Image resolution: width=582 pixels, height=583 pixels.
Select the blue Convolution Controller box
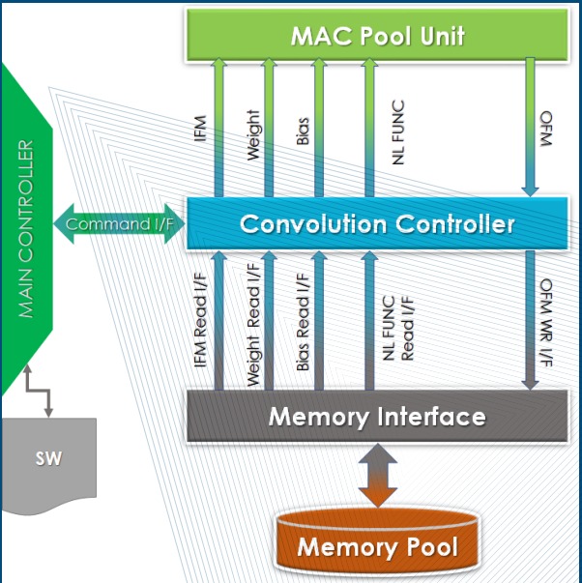click(377, 223)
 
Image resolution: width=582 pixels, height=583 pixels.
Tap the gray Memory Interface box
click(377, 417)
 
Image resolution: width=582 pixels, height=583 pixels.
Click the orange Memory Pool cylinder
click(378, 546)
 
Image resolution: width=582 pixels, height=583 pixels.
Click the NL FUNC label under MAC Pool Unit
click(397, 133)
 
